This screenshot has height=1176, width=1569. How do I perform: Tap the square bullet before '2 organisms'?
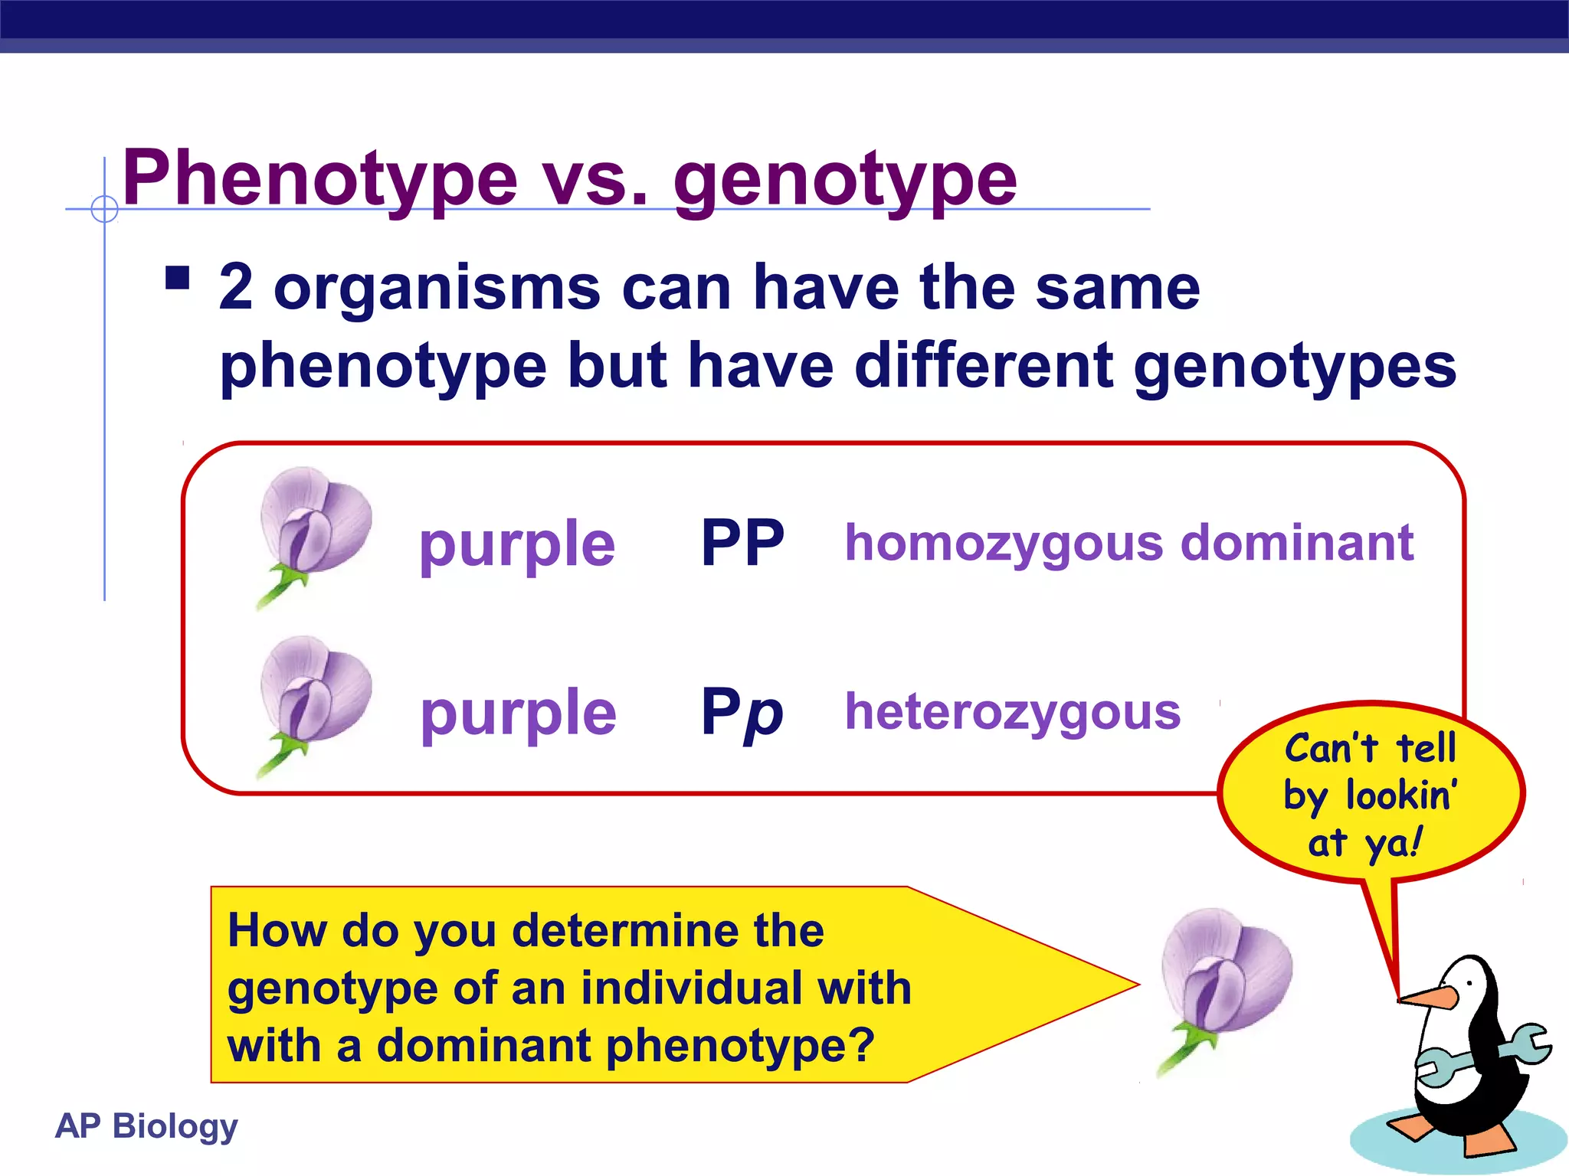[x=177, y=277]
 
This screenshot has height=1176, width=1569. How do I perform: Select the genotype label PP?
[x=742, y=543]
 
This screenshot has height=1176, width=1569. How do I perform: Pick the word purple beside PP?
[x=517, y=545]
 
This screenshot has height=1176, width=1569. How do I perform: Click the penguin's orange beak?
[x=1427, y=997]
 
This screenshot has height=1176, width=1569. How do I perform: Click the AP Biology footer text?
[x=146, y=1126]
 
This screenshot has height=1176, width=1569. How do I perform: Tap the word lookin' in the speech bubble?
[x=1401, y=795]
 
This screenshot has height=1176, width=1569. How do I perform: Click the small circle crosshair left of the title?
[x=104, y=208]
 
